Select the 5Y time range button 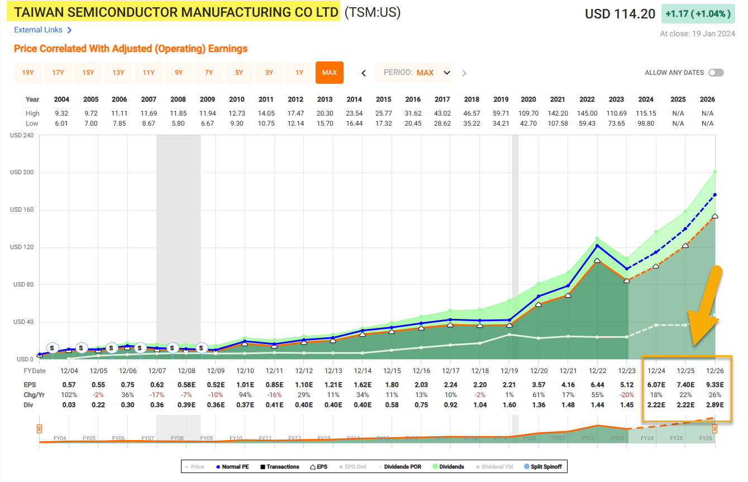tap(239, 73)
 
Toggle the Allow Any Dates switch tap(716, 73)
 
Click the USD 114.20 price tap(620, 14)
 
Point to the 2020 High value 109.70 tap(528, 113)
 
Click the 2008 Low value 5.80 tap(178, 123)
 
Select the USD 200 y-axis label tap(22, 172)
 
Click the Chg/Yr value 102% tap(62, 394)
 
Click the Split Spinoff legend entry tap(545, 466)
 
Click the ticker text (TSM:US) tap(372, 12)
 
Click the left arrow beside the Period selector tap(364, 73)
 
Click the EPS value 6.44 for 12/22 tap(587, 384)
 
